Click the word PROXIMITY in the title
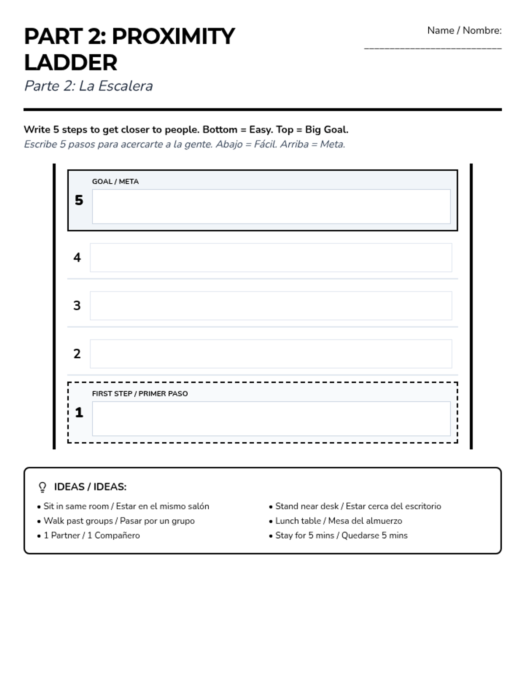click(173, 36)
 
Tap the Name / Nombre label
click(464, 31)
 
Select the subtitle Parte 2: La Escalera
click(88, 86)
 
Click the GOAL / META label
click(115, 182)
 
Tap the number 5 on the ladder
click(79, 200)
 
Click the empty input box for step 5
click(271, 206)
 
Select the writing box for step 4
click(271, 258)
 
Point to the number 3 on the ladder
click(77, 305)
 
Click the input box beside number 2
click(271, 353)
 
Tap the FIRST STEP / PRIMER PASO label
click(140, 394)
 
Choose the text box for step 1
click(271, 419)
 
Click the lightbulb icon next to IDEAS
click(42, 487)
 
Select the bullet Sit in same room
click(126, 506)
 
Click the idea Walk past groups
click(119, 521)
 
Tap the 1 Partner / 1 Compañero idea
click(91, 535)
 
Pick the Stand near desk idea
click(358, 506)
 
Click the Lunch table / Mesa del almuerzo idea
click(339, 521)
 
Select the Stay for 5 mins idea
click(341, 535)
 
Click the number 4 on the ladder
click(77, 257)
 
